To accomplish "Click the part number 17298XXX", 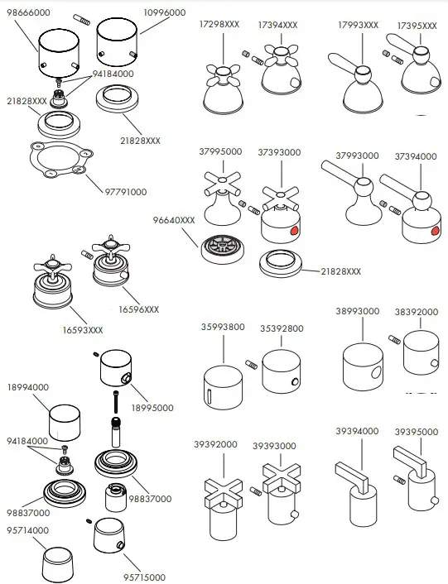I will coord(219,26).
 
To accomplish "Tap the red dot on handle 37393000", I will coord(295,231).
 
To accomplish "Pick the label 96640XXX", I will coord(174,221).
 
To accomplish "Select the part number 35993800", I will coord(223,328).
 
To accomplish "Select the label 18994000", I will coord(27,386).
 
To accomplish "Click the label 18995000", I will coord(153,408).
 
